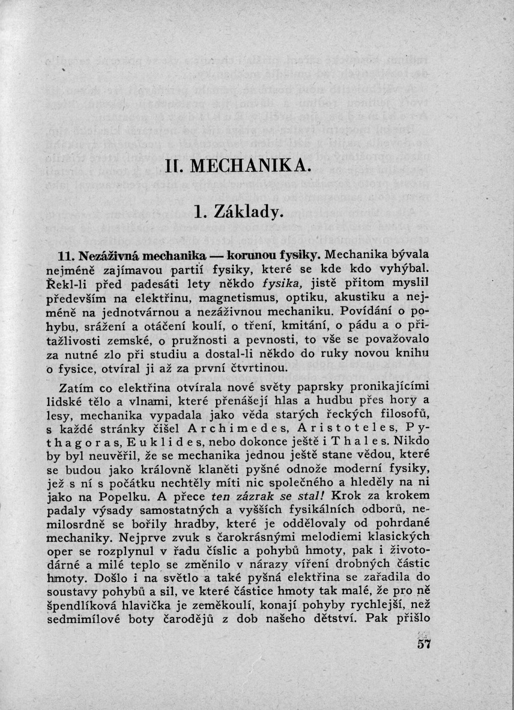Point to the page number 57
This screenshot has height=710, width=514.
click(x=424, y=644)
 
